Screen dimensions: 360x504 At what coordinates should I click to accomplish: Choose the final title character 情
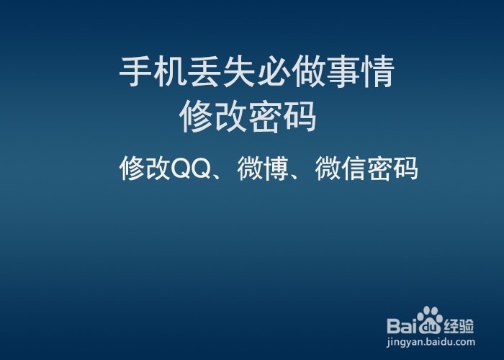[378, 73]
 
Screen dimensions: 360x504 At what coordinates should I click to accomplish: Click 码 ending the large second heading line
[300, 117]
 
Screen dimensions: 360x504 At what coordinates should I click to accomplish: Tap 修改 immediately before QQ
[145, 168]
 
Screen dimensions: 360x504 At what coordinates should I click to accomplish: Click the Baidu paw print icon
[431, 320]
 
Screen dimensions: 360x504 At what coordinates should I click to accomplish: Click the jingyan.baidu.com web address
[431, 341]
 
